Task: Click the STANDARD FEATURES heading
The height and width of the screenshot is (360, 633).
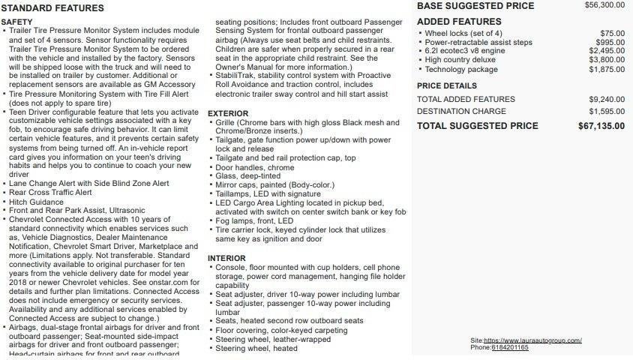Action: tap(52, 8)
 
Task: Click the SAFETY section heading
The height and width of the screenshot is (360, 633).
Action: tap(16, 22)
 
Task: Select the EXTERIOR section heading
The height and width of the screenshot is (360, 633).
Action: tap(228, 113)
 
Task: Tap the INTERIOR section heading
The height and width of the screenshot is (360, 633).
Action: tap(226, 259)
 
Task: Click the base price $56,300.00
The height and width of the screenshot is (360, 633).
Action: tap(604, 4)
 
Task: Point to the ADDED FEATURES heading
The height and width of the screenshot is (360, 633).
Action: tap(459, 22)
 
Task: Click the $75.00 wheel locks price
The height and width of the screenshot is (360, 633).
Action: tap(612, 34)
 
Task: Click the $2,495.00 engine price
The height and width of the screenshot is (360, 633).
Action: tap(607, 51)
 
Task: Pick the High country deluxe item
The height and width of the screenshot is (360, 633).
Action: tap(460, 60)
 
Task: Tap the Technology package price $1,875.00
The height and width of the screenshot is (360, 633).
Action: tap(607, 69)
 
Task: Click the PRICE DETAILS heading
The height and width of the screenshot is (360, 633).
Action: tap(447, 86)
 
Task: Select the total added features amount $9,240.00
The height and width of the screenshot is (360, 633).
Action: tap(607, 99)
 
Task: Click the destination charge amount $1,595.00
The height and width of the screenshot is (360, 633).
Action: tap(607, 112)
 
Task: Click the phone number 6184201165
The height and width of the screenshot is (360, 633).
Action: tap(510, 348)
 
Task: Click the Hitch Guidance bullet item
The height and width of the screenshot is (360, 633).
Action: tap(36, 202)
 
